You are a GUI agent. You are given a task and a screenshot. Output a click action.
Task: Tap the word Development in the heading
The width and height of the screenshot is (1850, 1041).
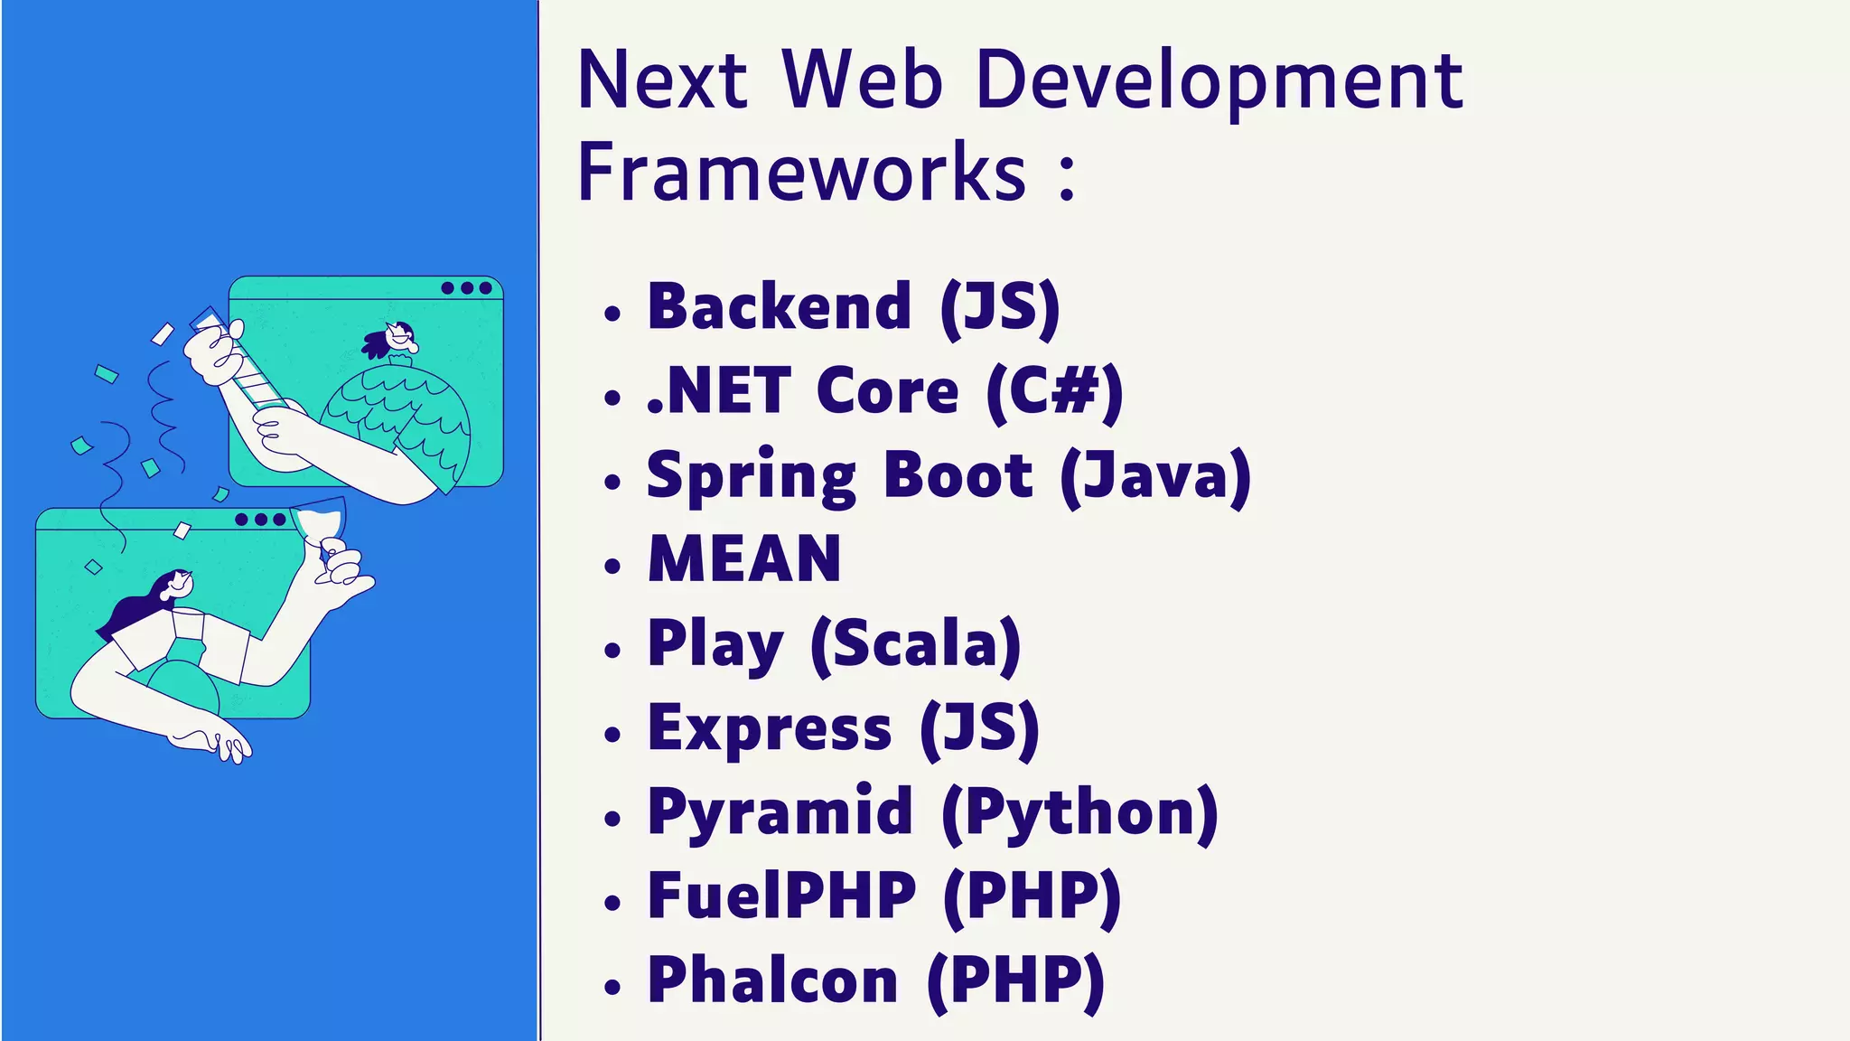[x=1219, y=81]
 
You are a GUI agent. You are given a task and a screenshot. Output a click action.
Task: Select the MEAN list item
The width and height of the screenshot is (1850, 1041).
[x=744, y=558]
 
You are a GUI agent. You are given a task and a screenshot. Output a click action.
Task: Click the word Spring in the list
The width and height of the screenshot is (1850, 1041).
[x=751, y=475]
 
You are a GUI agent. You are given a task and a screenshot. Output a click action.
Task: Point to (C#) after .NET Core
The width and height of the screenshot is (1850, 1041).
[x=1054, y=391]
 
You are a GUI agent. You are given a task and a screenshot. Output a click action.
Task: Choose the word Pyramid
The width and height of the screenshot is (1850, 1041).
[x=780, y=811]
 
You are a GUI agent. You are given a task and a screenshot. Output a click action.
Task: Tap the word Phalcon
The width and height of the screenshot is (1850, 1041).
[x=773, y=980]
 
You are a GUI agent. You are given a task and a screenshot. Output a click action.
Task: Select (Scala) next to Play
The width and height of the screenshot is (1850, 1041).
[x=915, y=643]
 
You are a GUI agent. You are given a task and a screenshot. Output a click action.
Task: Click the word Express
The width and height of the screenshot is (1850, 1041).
[x=770, y=727]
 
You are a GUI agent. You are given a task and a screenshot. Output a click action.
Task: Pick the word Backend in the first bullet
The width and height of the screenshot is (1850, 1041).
[x=780, y=306]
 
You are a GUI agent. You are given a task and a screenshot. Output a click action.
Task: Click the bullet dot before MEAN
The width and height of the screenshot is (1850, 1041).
[x=613, y=567]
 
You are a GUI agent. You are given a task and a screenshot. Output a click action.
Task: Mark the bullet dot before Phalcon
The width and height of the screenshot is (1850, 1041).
[x=613, y=987]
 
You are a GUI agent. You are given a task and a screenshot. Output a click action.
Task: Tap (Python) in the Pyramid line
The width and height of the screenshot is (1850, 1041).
[x=1079, y=811]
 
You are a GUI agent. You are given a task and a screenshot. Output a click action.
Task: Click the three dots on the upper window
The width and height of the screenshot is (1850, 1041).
[x=467, y=288]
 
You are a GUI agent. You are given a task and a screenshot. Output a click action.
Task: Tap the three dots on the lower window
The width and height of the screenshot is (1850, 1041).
[x=260, y=520]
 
